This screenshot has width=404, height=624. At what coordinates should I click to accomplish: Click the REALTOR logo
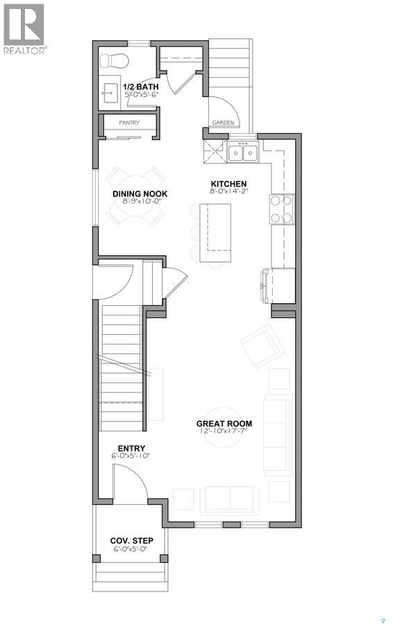24,28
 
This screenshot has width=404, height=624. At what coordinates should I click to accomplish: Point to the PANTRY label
129,123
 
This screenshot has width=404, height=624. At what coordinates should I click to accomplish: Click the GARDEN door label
222,123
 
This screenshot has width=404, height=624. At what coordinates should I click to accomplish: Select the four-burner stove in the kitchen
282,209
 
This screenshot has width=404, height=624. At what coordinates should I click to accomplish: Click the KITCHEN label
229,184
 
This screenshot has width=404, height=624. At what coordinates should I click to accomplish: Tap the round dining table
135,197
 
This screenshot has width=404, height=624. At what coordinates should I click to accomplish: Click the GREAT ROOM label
224,423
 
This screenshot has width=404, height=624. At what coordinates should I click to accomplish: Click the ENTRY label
131,449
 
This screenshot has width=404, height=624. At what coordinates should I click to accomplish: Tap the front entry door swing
128,483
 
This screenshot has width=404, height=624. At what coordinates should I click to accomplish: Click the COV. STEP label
131,540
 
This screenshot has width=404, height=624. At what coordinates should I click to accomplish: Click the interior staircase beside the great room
121,361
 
